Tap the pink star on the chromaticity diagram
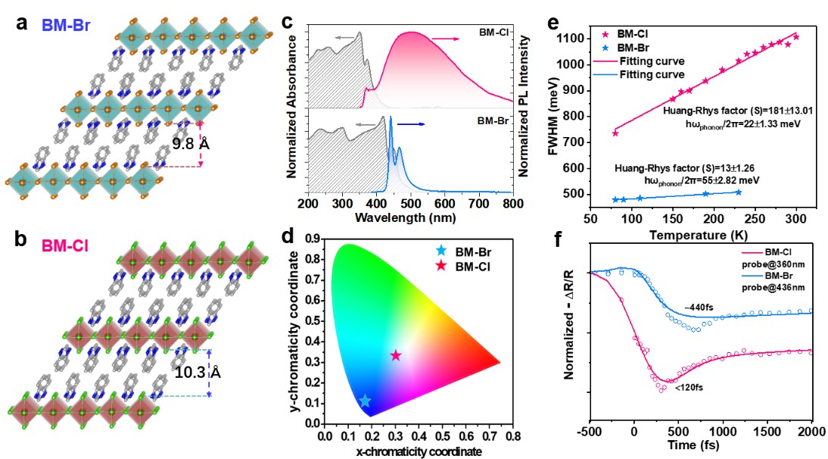click(x=395, y=355)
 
